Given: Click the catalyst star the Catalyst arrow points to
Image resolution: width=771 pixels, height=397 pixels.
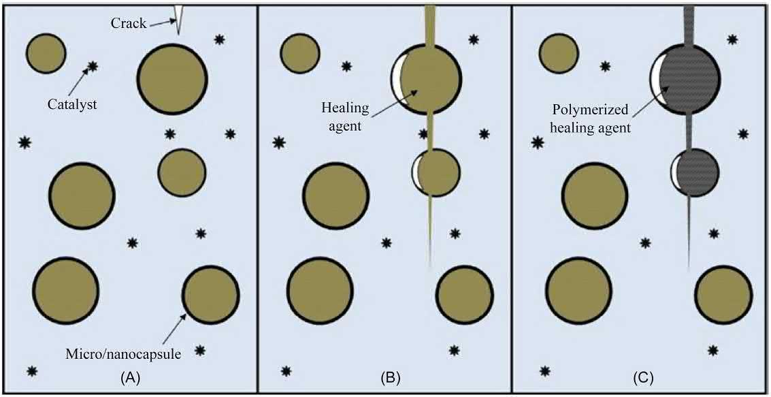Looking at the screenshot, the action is coord(93,66).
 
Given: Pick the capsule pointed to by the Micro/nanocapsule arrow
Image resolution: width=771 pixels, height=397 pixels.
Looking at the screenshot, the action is coord(210,295).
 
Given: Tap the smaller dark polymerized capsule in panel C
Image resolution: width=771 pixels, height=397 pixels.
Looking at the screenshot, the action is coord(697,172).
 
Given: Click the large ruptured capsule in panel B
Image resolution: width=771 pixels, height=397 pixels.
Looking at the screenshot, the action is coord(429,79).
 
